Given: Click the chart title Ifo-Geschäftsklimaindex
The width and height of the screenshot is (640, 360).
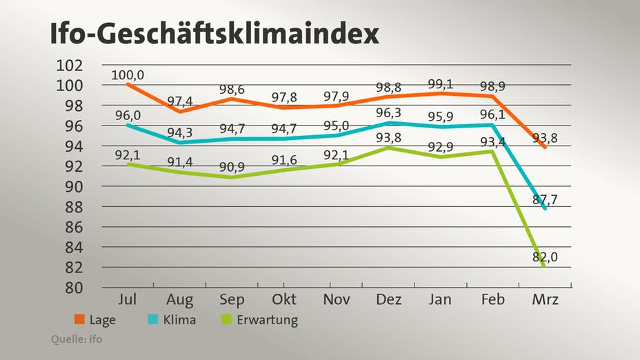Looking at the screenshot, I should (x=214, y=32).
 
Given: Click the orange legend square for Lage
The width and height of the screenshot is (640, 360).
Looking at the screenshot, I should (x=80, y=320).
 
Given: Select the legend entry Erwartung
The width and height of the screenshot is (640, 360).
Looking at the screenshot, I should (x=265, y=320).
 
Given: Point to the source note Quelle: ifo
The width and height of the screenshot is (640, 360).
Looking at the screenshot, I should (x=77, y=339).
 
